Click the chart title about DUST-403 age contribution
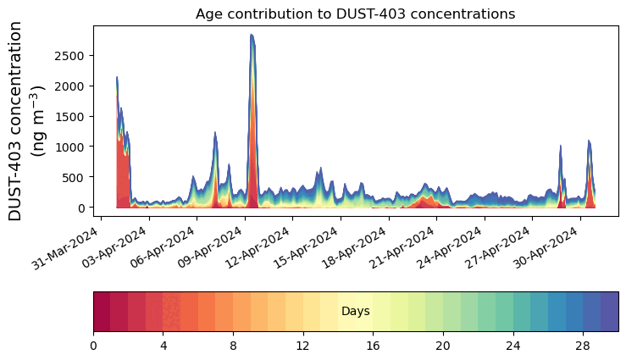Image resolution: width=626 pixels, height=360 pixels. (355, 14)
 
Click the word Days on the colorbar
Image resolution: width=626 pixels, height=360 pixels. (355, 312)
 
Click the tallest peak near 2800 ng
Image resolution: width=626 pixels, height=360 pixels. (252, 36)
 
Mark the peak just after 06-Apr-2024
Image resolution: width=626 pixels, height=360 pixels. (215, 134)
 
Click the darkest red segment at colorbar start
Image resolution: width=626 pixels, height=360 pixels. (102, 312)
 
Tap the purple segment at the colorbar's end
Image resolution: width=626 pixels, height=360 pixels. (609, 312)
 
